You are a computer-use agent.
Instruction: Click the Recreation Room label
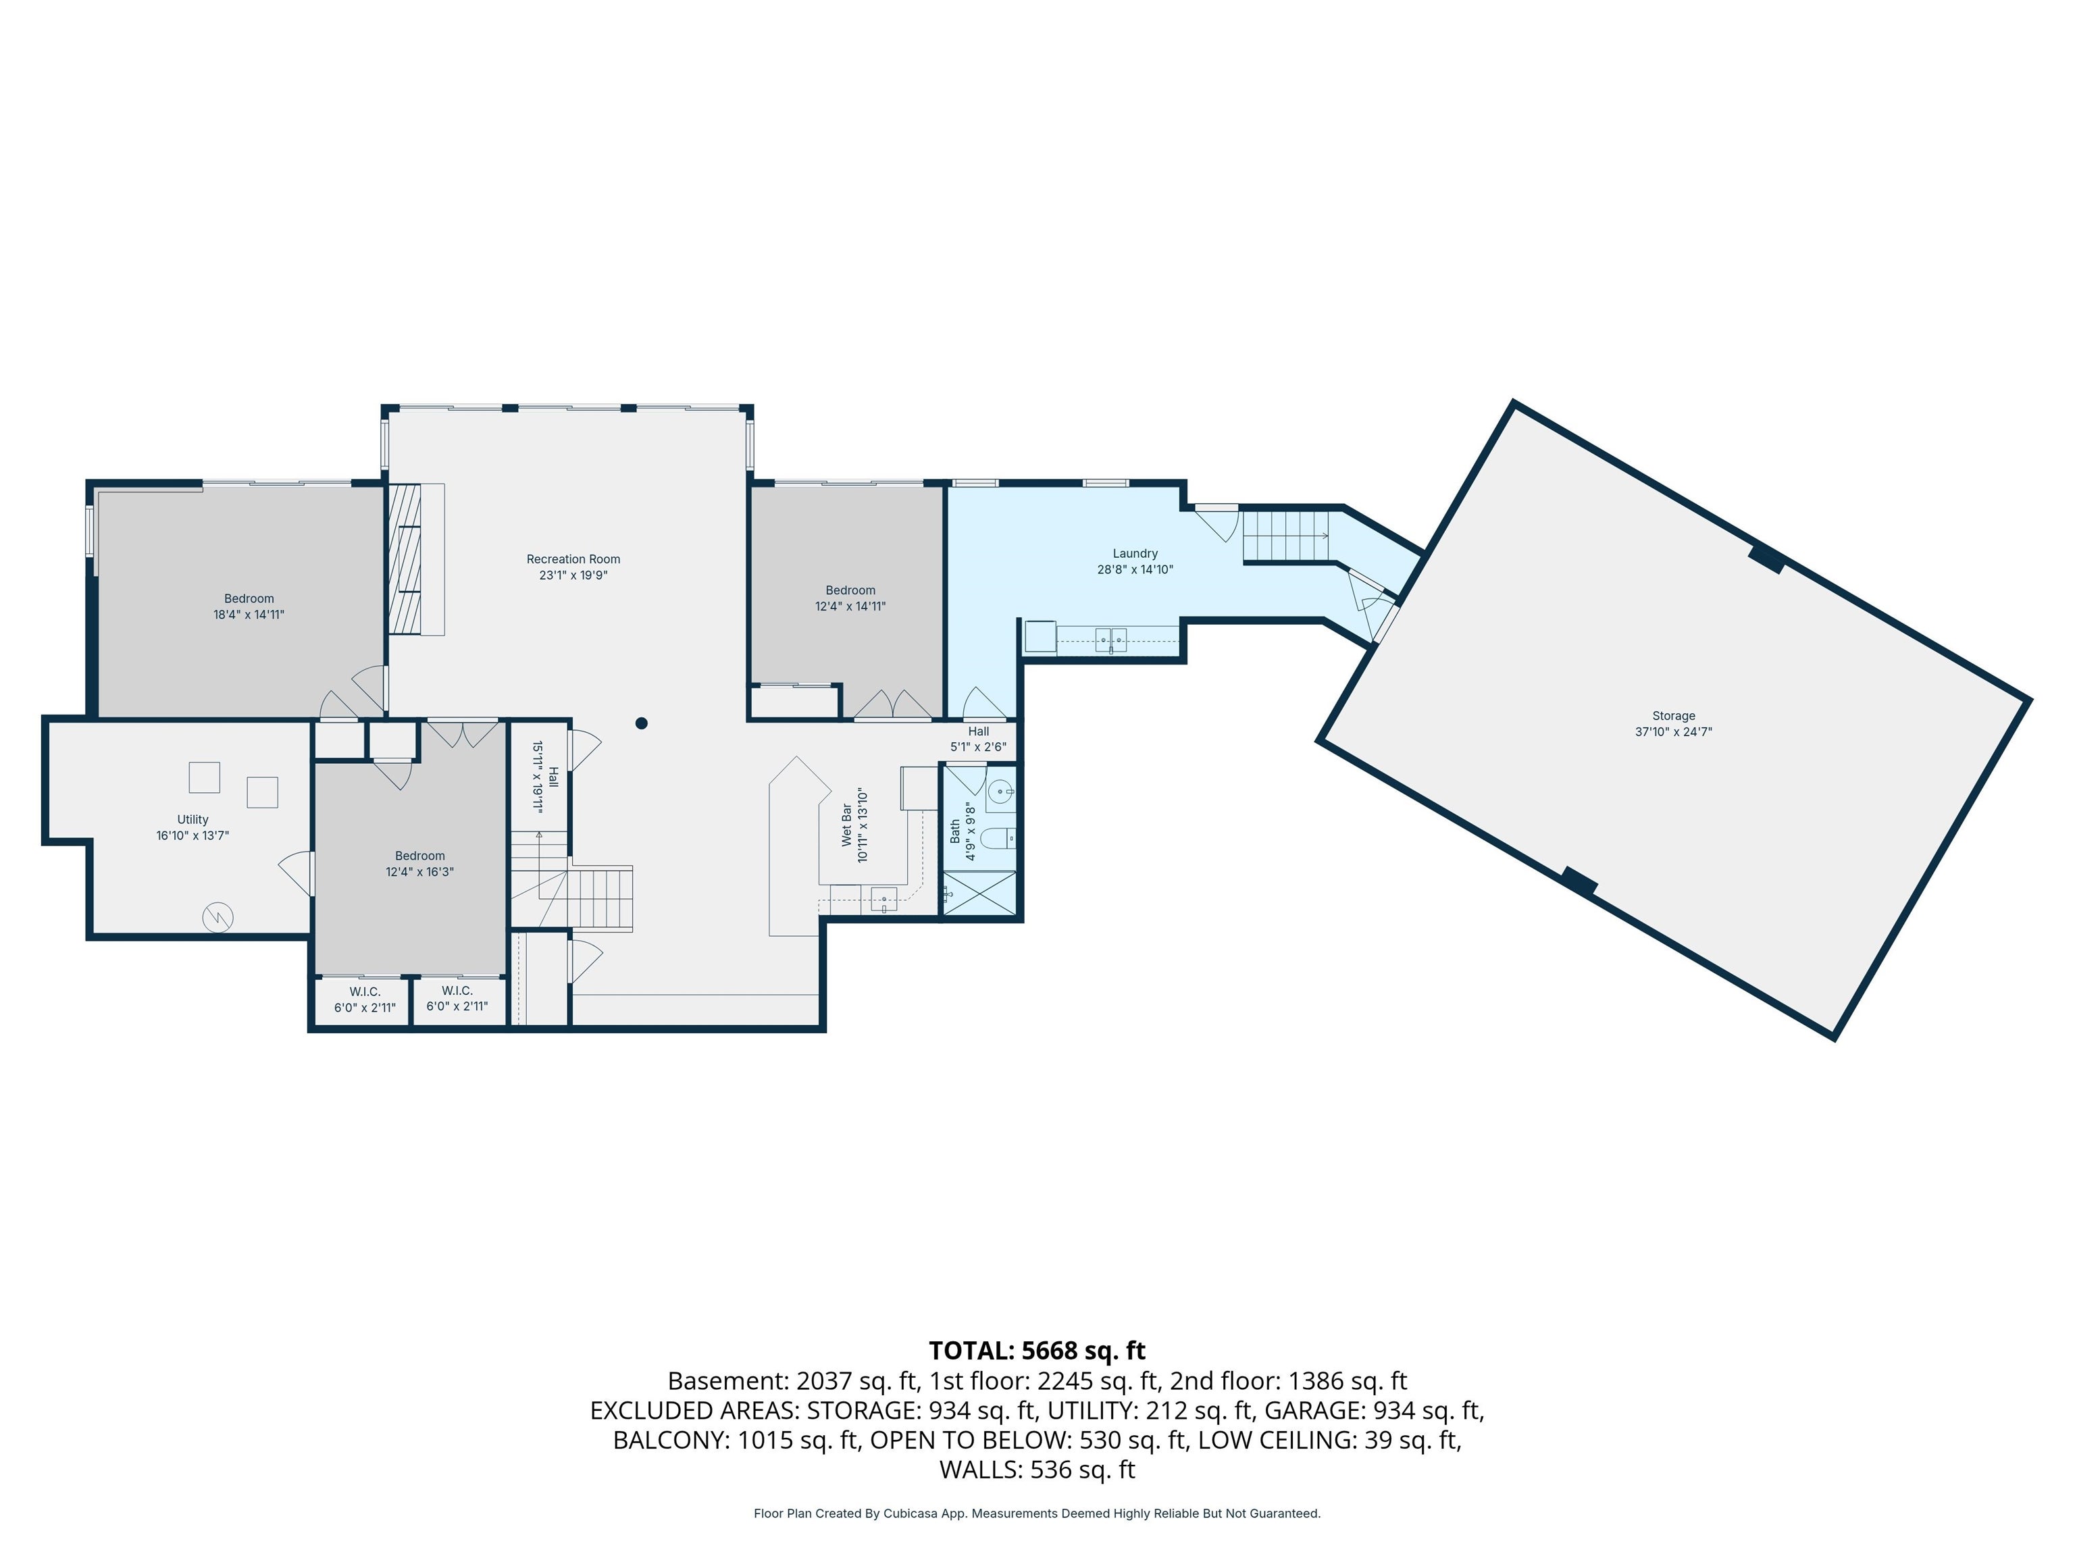[573, 559]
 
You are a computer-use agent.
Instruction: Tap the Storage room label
[1674, 716]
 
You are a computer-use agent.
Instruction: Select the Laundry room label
[1135, 553]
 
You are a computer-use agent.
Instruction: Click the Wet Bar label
[847, 825]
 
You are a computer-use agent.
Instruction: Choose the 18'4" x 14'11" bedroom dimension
[249, 615]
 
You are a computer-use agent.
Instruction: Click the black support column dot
[642, 723]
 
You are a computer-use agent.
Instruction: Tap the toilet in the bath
[998, 837]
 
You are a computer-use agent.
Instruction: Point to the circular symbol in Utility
[217, 917]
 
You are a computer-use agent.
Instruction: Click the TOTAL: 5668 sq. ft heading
[1037, 1351]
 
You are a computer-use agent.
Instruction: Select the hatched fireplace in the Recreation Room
[405, 559]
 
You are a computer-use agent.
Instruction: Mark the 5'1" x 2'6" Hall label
[979, 739]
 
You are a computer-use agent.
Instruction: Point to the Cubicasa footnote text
[1037, 1513]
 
